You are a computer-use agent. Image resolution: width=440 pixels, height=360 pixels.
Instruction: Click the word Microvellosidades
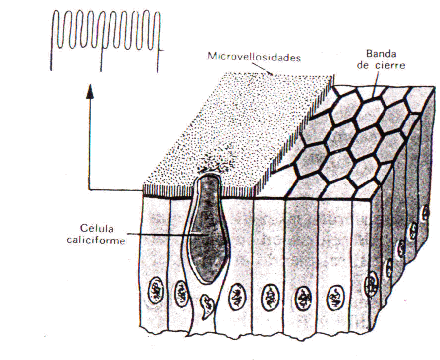(254, 57)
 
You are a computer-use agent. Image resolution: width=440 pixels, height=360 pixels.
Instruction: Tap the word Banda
(381, 54)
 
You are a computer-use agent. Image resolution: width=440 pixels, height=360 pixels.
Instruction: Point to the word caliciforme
(96, 240)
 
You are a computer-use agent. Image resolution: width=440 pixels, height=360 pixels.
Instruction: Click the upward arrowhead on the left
(90, 91)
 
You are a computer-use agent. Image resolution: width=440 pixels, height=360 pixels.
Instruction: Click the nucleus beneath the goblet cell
(207, 305)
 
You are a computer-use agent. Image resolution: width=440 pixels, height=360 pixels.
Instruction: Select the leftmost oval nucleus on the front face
(156, 291)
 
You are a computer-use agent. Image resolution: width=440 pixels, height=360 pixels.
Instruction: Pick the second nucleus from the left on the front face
(181, 294)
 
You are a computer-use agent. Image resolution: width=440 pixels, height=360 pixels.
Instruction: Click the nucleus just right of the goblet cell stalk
(237, 297)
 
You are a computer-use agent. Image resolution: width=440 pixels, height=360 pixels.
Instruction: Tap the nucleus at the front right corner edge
(371, 284)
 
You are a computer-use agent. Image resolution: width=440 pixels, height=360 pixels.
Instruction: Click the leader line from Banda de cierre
(376, 84)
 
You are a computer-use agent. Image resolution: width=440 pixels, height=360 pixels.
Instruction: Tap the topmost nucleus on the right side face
(426, 213)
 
